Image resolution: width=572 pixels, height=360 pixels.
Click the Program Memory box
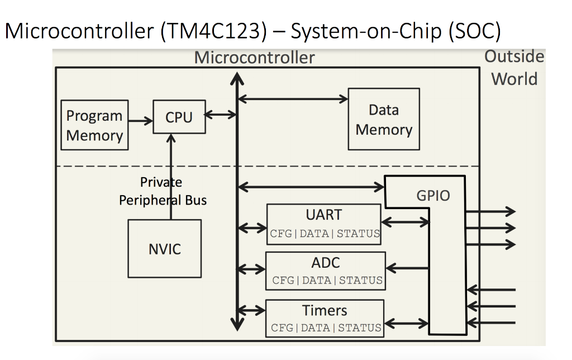[94, 125]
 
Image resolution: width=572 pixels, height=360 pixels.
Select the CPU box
[179, 117]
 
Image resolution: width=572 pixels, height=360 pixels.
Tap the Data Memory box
[383, 119]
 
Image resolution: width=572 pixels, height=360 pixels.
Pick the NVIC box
[164, 249]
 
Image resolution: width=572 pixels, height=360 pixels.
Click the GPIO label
[433, 196]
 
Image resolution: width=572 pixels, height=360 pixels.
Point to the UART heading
[323, 215]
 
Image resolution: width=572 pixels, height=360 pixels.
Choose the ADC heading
[325, 263]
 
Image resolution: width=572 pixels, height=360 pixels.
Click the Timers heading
[324, 310]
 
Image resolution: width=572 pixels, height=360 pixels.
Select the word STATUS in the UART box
[358, 234]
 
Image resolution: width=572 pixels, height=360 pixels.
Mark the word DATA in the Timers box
[315, 328]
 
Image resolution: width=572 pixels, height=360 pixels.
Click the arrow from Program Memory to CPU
[140, 120]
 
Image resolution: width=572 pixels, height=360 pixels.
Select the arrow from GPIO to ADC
[407, 269]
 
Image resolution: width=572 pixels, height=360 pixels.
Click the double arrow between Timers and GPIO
[406, 323]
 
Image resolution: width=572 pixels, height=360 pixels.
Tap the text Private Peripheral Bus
[162, 191]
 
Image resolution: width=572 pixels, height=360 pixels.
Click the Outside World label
[514, 68]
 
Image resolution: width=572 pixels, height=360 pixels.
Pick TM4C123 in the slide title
[213, 31]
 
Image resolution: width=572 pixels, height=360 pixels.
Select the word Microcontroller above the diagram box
[254, 58]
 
